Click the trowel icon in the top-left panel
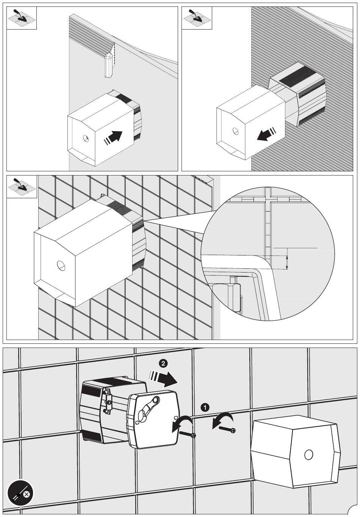coord(22,18)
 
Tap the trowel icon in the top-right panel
coord(197,18)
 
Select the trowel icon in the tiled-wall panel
coord(22,186)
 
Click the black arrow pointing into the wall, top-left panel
coord(113,138)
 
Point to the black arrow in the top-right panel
coord(266,134)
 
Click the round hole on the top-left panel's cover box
coord(86,138)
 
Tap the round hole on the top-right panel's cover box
coord(236,131)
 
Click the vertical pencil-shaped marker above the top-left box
coord(108,64)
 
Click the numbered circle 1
coord(205,407)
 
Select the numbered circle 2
coord(163,363)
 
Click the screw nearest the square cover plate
coord(188,434)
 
